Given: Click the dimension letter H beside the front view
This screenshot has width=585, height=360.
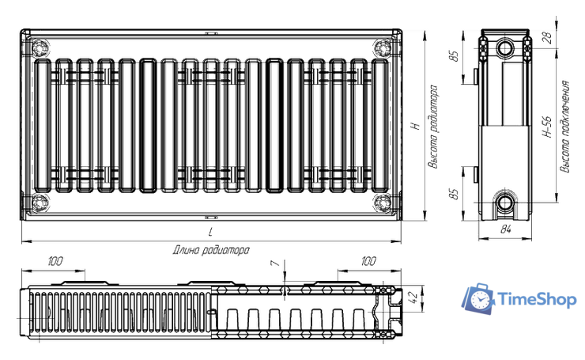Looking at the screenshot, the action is coord(416,126).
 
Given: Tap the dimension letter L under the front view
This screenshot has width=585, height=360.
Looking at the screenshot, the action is coord(211,233).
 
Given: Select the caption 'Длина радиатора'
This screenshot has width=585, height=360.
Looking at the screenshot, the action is coord(211,250).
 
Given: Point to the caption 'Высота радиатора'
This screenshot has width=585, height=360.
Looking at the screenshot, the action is coord(432,127).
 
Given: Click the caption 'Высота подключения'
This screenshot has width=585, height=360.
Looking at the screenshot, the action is coord(565,127).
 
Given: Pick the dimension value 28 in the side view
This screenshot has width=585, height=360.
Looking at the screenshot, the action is coord(549,38).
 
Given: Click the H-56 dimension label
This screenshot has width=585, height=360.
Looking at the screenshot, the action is coord(546,127).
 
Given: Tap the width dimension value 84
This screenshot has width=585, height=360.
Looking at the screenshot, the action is coord(505,229).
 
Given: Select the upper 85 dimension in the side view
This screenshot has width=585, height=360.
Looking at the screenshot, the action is coord(454,56).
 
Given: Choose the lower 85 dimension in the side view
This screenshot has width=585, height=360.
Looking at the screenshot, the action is coord(454,194).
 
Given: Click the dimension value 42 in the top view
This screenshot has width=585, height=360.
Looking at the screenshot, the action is coord(413,297).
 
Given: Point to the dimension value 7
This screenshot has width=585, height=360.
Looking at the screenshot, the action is coord(275,263).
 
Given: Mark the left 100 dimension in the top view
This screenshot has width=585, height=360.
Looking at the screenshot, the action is coord(55,261).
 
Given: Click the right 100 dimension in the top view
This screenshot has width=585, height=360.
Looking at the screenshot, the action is coord(368,261).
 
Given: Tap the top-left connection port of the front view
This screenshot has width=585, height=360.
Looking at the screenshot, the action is coord(40,48).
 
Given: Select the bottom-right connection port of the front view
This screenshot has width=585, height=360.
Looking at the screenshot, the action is coord(383,203).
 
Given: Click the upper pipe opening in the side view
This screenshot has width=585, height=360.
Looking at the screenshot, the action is coord(505,48).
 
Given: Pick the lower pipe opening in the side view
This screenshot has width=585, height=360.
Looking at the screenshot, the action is coord(505,203).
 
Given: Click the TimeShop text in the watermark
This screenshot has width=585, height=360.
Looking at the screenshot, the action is coord(537,300).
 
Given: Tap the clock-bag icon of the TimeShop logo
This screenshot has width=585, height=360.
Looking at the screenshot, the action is coord(478,298).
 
